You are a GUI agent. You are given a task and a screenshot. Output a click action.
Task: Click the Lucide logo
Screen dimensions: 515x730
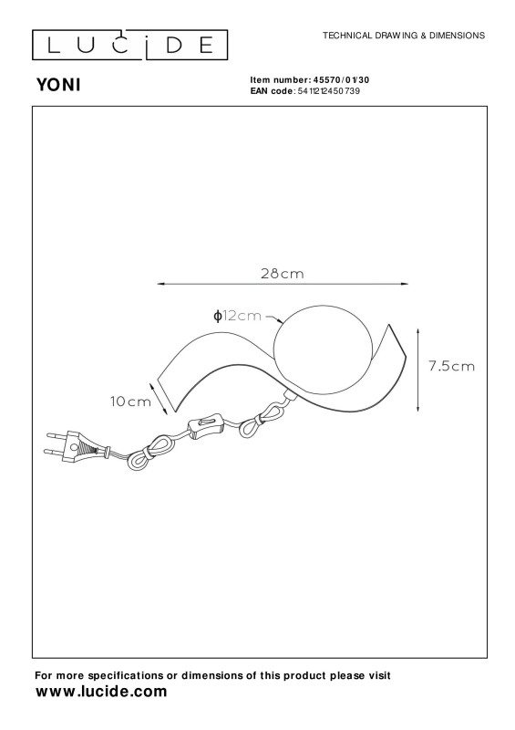coord(129,45)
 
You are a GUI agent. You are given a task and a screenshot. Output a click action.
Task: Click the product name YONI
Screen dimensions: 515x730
coord(58,85)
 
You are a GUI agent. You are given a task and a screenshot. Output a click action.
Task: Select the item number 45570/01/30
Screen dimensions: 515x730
coord(342,80)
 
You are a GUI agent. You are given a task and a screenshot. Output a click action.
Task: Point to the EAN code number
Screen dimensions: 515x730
coord(329,90)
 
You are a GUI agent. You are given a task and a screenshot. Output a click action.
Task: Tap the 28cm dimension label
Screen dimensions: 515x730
coord(283,273)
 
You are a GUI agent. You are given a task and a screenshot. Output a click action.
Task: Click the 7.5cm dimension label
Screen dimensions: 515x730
coord(452,367)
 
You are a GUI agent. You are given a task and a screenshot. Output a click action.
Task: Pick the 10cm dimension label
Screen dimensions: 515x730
coord(130,401)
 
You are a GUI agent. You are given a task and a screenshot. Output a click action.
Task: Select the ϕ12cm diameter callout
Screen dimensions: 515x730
coord(237,316)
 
